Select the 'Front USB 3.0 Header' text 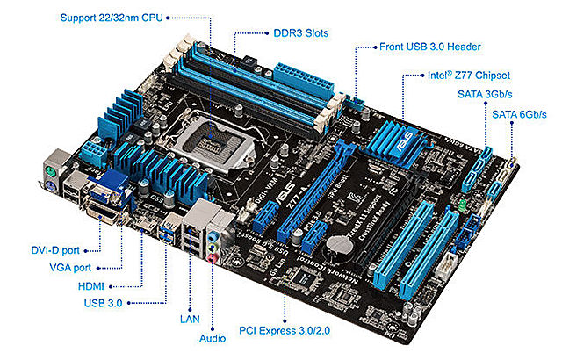click(x=430, y=46)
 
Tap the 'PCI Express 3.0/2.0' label click(x=285, y=332)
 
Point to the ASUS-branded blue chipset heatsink click(x=400, y=141)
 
